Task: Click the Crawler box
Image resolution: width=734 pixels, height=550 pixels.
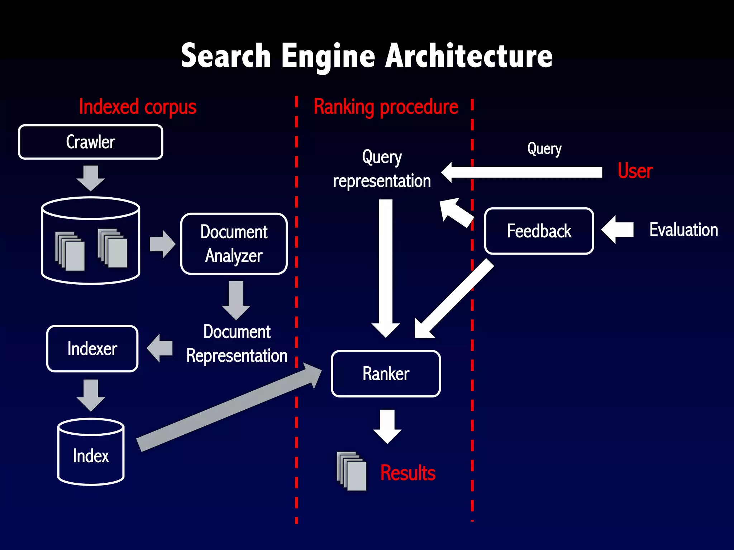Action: [x=90, y=142]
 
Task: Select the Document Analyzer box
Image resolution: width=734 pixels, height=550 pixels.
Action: [x=234, y=244]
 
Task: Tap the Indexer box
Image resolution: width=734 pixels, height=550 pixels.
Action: [x=92, y=348]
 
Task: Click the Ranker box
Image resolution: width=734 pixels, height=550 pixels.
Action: [x=386, y=373]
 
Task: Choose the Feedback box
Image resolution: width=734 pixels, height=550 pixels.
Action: [x=539, y=231]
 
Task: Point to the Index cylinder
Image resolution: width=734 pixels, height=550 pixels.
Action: [x=91, y=453]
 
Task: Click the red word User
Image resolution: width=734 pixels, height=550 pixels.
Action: [x=635, y=171]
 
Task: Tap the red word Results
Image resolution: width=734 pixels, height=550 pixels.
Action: [x=407, y=473]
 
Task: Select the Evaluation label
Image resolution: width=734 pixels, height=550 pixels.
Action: [x=683, y=230]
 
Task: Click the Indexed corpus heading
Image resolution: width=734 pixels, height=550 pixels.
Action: [x=138, y=107]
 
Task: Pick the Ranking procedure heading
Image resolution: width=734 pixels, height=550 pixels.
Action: [x=386, y=107]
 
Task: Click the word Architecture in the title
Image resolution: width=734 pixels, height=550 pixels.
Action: [x=468, y=56]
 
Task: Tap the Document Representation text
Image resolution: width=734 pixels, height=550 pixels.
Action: [x=237, y=343]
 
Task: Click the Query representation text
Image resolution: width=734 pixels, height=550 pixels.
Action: [x=382, y=169]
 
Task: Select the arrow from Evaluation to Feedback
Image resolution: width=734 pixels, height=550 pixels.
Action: [x=617, y=230]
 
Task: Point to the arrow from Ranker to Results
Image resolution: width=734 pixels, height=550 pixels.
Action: [x=387, y=426]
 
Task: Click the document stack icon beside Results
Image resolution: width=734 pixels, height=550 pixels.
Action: [x=352, y=471]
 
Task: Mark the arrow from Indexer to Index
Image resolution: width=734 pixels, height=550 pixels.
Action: [x=91, y=395]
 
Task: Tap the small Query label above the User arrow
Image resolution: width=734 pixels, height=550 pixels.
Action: [x=544, y=149]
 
